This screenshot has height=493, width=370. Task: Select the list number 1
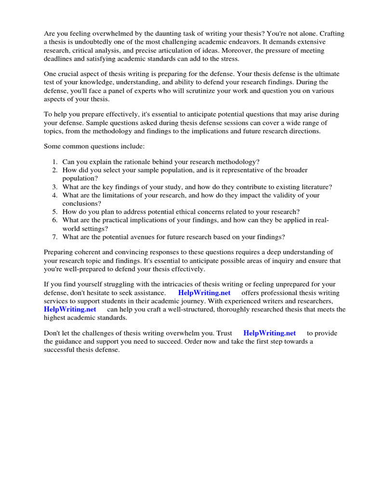(55, 162)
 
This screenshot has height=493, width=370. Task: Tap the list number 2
(55, 170)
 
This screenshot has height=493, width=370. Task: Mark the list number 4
(55, 195)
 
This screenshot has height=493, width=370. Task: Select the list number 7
(55, 237)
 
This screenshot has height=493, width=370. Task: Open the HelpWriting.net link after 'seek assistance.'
(204, 293)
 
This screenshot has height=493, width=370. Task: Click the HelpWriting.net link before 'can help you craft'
(70, 309)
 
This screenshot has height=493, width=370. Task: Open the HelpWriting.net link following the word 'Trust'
(269, 333)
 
